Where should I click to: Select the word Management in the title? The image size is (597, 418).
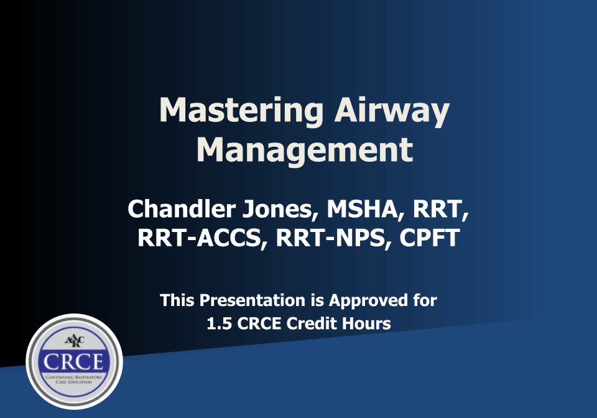point(305,149)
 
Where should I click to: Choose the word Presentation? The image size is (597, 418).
point(253,301)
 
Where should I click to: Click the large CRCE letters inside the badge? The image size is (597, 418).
point(74,361)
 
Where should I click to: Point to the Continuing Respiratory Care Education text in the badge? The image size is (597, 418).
point(74,379)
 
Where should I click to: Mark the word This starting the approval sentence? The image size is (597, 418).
point(178,301)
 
